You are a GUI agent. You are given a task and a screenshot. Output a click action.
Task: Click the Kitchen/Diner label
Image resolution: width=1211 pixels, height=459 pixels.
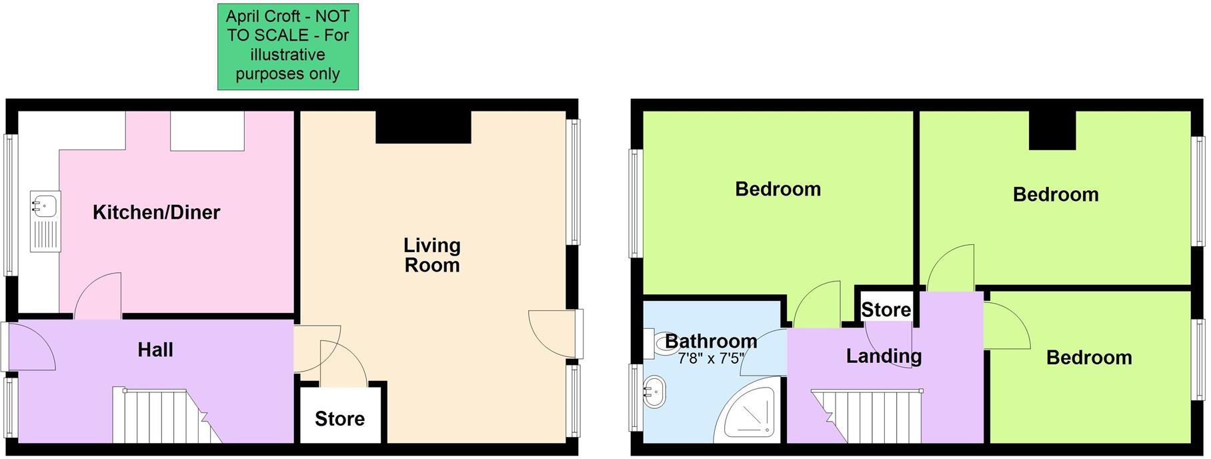[x=156, y=213]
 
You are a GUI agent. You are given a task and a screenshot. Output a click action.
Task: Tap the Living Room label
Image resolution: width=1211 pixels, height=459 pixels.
[x=432, y=256]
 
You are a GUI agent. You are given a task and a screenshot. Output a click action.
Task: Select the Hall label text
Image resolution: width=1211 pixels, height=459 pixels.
[x=155, y=350]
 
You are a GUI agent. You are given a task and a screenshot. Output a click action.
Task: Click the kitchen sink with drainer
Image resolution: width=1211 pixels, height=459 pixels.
[x=45, y=221]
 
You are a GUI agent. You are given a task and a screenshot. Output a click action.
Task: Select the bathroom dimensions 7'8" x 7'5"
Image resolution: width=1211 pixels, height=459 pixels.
[x=710, y=359]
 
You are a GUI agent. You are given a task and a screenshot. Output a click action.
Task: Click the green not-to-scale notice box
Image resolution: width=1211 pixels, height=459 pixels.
[x=288, y=46]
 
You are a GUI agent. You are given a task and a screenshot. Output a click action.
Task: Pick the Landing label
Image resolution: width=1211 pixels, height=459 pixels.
[x=884, y=356]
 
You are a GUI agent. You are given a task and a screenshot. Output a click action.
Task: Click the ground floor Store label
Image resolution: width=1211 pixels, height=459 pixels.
[x=339, y=419]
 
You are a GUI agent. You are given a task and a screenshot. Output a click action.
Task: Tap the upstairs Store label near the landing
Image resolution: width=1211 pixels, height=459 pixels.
[x=886, y=310]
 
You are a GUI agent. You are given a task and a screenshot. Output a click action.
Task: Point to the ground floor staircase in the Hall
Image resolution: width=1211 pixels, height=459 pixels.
[x=167, y=415]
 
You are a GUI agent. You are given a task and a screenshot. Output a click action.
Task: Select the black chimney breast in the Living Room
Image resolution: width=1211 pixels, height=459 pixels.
[x=423, y=127]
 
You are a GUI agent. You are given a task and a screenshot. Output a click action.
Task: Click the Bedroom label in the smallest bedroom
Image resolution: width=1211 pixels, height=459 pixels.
[x=1089, y=358]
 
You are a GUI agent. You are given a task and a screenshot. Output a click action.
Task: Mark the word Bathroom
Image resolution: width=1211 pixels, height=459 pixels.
[x=711, y=342]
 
